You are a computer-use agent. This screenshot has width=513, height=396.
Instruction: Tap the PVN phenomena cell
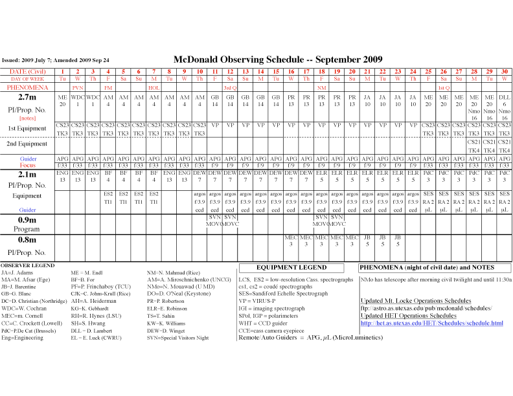coord(78,87)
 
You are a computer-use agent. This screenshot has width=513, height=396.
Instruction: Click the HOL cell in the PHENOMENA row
coord(154,87)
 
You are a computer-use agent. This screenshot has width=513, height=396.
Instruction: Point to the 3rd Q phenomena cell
coord(229,87)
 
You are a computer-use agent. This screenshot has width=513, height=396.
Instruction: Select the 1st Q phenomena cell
coord(444,87)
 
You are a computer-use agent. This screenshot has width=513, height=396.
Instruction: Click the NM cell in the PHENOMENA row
coord(321,87)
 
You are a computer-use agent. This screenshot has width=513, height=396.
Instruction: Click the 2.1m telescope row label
coord(27,174)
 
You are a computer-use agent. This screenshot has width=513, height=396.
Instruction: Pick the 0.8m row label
coord(27,241)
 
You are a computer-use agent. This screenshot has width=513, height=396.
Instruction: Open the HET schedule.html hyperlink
coord(431,323)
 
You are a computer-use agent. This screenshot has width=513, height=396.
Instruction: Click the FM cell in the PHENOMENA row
coord(108,87)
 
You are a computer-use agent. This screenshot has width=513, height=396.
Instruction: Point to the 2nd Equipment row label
coord(27,144)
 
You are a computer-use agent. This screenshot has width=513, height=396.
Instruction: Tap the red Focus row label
coord(27,166)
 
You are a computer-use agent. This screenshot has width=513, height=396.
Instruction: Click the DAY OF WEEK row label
coord(27,78)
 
